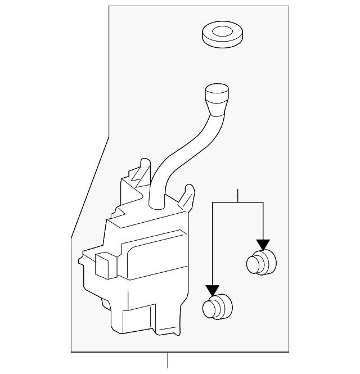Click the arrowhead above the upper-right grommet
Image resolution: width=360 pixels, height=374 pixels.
click(263, 245)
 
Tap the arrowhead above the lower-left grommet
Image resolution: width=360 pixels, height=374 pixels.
click(212, 290)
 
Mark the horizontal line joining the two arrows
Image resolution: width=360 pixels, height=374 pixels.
click(237, 202)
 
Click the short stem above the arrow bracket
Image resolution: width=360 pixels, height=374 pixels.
click(238, 195)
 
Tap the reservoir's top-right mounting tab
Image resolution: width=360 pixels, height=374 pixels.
click(188, 195)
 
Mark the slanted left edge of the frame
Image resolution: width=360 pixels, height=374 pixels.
click(90, 186)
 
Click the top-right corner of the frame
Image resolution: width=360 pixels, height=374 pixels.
click(289, 6)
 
